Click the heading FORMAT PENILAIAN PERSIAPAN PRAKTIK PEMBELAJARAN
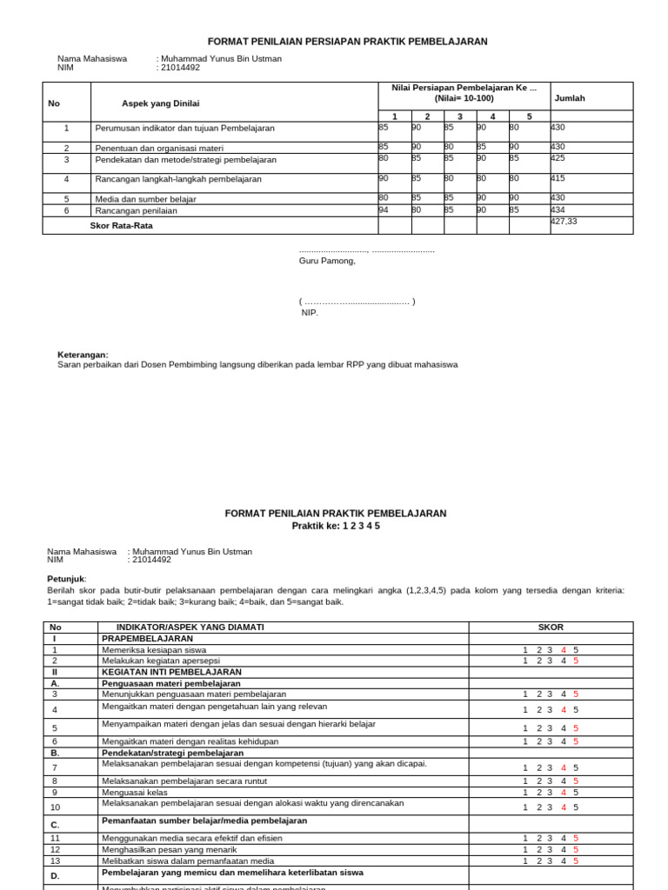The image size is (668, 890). [347, 41]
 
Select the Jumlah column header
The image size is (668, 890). [570, 98]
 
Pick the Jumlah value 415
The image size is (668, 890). [558, 178]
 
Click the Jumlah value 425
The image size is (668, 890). [558, 159]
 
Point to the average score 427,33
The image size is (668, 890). [564, 222]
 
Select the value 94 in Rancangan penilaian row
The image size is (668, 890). [384, 209]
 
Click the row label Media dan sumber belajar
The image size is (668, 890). [145, 199]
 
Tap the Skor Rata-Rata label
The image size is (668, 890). [123, 226]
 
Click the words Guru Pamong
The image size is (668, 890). [327, 261]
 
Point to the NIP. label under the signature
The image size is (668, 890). [311, 313]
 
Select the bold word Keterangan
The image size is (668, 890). [83, 355]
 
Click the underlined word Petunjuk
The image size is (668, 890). [66, 578]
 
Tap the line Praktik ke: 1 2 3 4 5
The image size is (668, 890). [335, 526]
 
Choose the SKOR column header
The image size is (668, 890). [551, 627]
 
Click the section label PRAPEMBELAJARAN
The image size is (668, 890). [147, 638]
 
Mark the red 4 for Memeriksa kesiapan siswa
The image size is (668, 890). [564, 649]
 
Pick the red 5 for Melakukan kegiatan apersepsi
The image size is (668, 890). [575, 661]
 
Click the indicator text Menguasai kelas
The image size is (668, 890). [135, 792]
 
